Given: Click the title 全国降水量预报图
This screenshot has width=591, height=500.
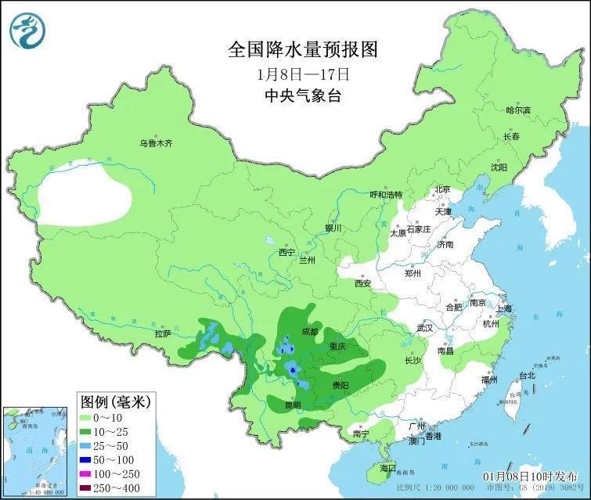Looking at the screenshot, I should [302, 50].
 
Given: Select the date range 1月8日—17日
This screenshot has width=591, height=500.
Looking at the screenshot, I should [302, 75].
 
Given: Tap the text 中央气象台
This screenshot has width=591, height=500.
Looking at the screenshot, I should [302, 97].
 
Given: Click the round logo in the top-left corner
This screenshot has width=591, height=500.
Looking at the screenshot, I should [27, 29].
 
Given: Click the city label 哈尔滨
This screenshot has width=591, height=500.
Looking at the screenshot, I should [517, 111].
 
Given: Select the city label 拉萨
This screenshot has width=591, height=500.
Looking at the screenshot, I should [162, 333].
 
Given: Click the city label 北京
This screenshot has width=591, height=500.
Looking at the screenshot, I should [442, 189].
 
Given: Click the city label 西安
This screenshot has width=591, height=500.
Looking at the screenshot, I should [362, 283].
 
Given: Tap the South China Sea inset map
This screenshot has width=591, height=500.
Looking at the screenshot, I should [34, 451].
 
